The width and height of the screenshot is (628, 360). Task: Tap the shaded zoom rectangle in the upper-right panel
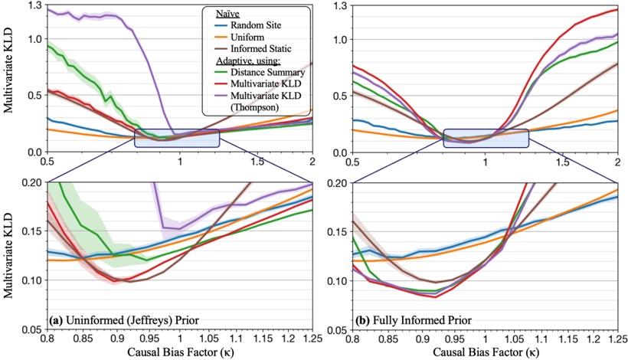pyautogui.click(x=486, y=138)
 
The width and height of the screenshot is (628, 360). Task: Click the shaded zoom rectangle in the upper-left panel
pyautogui.click(x=177, y=138)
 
